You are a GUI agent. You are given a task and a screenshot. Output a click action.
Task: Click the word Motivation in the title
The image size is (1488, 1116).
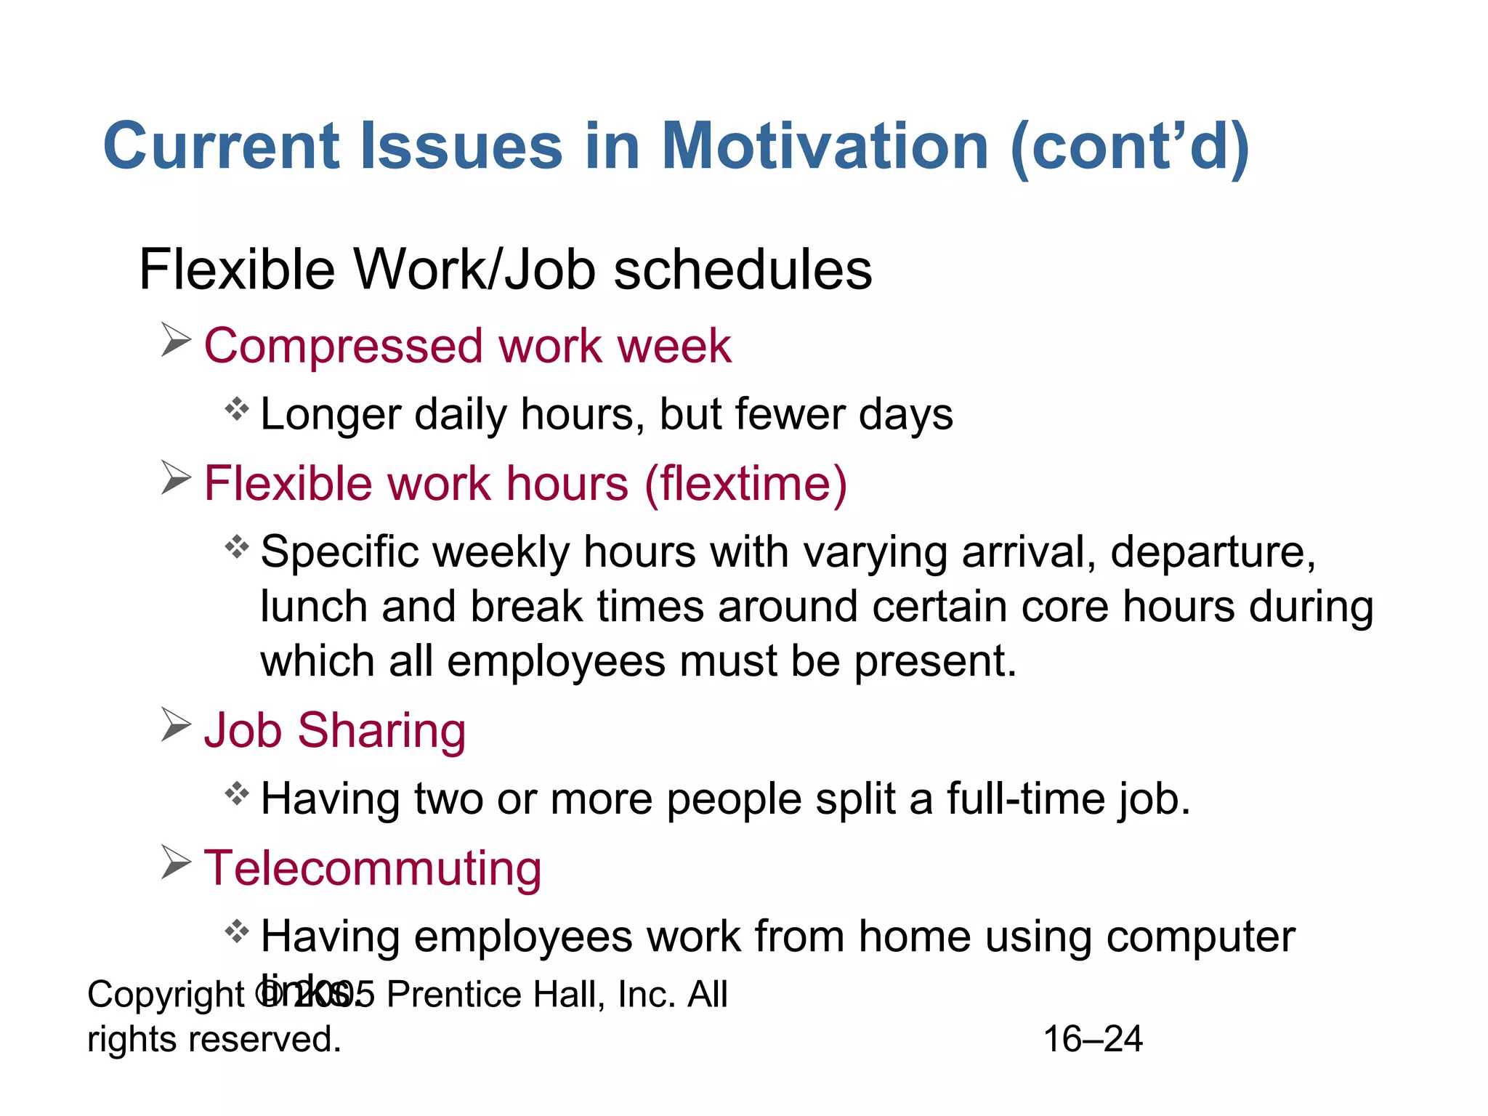tap(824, 147)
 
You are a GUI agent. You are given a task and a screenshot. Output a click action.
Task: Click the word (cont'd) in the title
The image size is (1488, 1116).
tap(1130, 148)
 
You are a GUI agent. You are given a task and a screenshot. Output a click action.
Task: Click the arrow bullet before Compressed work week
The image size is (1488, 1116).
tap(175, 340)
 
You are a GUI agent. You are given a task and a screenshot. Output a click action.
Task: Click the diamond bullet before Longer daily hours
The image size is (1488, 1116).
tap(237, 409)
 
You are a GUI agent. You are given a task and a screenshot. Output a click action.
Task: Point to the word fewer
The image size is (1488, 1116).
tap(789, 414)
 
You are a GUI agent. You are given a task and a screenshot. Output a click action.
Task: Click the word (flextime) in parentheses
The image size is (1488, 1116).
tap(745, 485)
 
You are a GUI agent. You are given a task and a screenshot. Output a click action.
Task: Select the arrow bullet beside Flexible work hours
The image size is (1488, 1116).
tap(175, 478)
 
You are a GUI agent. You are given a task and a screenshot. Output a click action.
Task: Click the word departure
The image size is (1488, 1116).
tap(1212, 552)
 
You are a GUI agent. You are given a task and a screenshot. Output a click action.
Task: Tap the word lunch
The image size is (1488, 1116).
tap(313, 607)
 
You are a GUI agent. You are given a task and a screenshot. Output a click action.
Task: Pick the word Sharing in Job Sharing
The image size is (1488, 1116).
tap(381, 731)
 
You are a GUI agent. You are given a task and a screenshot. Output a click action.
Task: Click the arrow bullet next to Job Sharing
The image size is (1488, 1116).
tap(175, 725)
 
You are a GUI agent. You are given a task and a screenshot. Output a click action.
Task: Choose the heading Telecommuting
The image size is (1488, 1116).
tap(373, 869)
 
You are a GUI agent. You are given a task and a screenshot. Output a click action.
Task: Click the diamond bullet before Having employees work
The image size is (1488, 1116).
tap(237, 931)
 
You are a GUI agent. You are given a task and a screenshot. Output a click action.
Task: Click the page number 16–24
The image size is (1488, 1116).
tap(1092, 1039)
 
